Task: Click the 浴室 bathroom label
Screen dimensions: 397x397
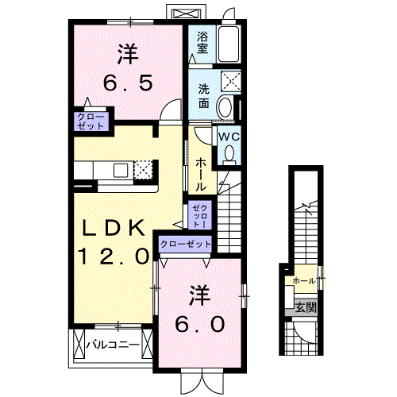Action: coord(202,42)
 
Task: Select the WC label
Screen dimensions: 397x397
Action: coord(229,137)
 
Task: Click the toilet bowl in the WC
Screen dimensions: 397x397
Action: coord(230,156)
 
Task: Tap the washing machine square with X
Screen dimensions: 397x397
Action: coord(232,81)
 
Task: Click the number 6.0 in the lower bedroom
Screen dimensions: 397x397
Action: coord(200,324)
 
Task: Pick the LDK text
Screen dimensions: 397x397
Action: coord(114,229)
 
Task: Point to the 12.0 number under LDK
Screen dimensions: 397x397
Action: coord(113,256)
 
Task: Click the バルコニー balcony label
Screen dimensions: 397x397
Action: coord(113,345)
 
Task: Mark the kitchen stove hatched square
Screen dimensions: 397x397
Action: coord(143,169)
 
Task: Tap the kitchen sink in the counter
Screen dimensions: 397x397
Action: coord(121,169)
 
